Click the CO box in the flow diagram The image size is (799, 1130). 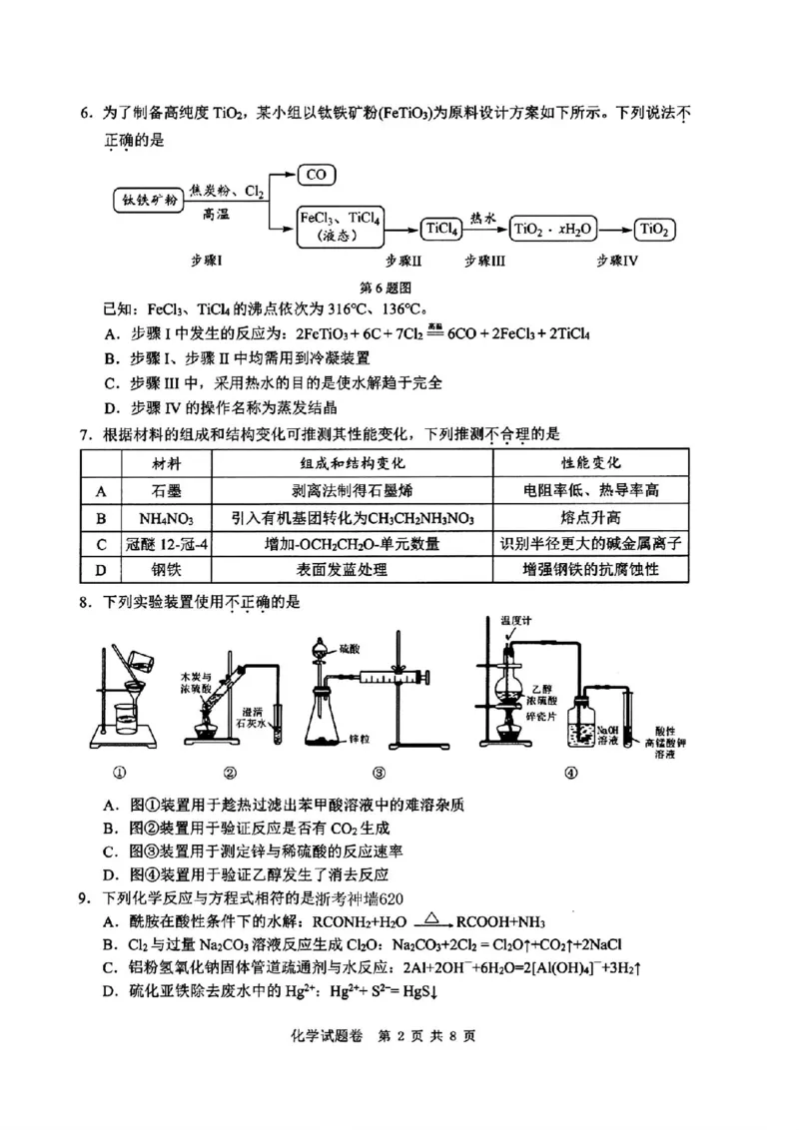(x=317, y=174)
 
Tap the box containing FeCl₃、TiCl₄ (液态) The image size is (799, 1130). (x=343, y=227)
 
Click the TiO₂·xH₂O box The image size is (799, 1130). (x=553, y=229)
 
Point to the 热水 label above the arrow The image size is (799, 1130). (x=485, y=215)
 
